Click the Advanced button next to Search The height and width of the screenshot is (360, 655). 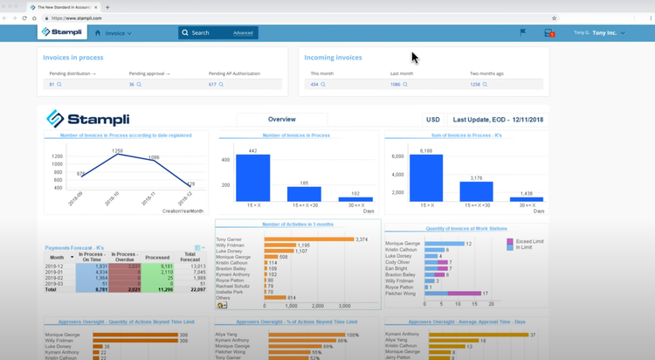pyautogui.click(x=243, y=33)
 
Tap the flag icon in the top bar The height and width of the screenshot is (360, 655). pyautogui.click(x=522, y=32)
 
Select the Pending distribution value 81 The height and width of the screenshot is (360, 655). pyautogui.click(x=52, y=85)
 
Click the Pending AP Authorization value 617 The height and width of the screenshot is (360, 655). pyautogui.click(x=212, y=85)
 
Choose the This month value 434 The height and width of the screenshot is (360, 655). pyautogui.click(x=314, y=85)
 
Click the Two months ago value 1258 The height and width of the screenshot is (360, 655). pyautogui.click(x=475, y=85)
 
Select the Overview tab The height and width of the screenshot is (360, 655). pyautogui.click(x=281, y=120)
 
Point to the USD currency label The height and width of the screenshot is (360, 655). pyautogui.click(x=432, y=120)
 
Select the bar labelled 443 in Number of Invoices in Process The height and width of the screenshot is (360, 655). pyautogui.click(x=252, y=178)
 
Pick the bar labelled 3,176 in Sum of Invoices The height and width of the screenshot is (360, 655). pyautogui.click(x=476, y=191)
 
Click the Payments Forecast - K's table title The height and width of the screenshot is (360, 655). pyautogui.click(x=74, y=248)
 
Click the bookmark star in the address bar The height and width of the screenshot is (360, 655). pyautogui.click(x=554, y=17)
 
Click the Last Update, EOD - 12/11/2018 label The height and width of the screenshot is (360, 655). pyautogui.click(x=496, y=120)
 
